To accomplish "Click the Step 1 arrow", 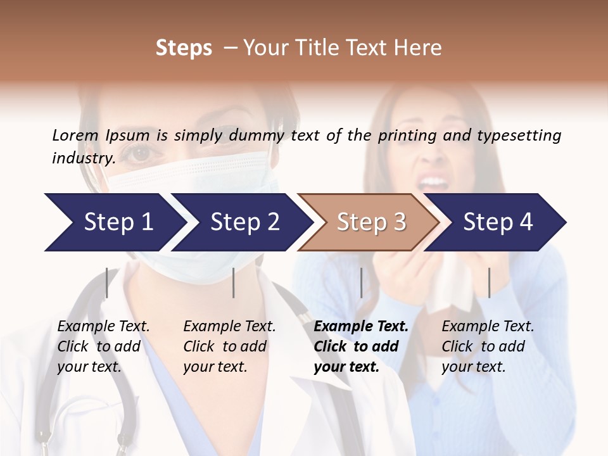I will click(114, 222).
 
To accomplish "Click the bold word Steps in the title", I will click(184, 48).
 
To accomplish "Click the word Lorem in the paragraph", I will click(75, 136).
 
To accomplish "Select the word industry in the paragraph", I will click(83, 158).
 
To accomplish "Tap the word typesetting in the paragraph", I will click(519, 136).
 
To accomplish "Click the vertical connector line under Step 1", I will click(107, 282).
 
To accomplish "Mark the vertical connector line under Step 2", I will click(234, 282).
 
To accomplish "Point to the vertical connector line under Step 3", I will click(361, 282).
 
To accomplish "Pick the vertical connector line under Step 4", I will click(489, 282).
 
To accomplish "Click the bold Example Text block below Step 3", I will click(361, 346).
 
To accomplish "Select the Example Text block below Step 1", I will click(103, 346).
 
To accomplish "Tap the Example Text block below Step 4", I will click(488, 346).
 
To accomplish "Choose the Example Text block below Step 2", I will click(229, 346).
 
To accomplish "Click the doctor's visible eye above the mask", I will click(141, 153).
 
